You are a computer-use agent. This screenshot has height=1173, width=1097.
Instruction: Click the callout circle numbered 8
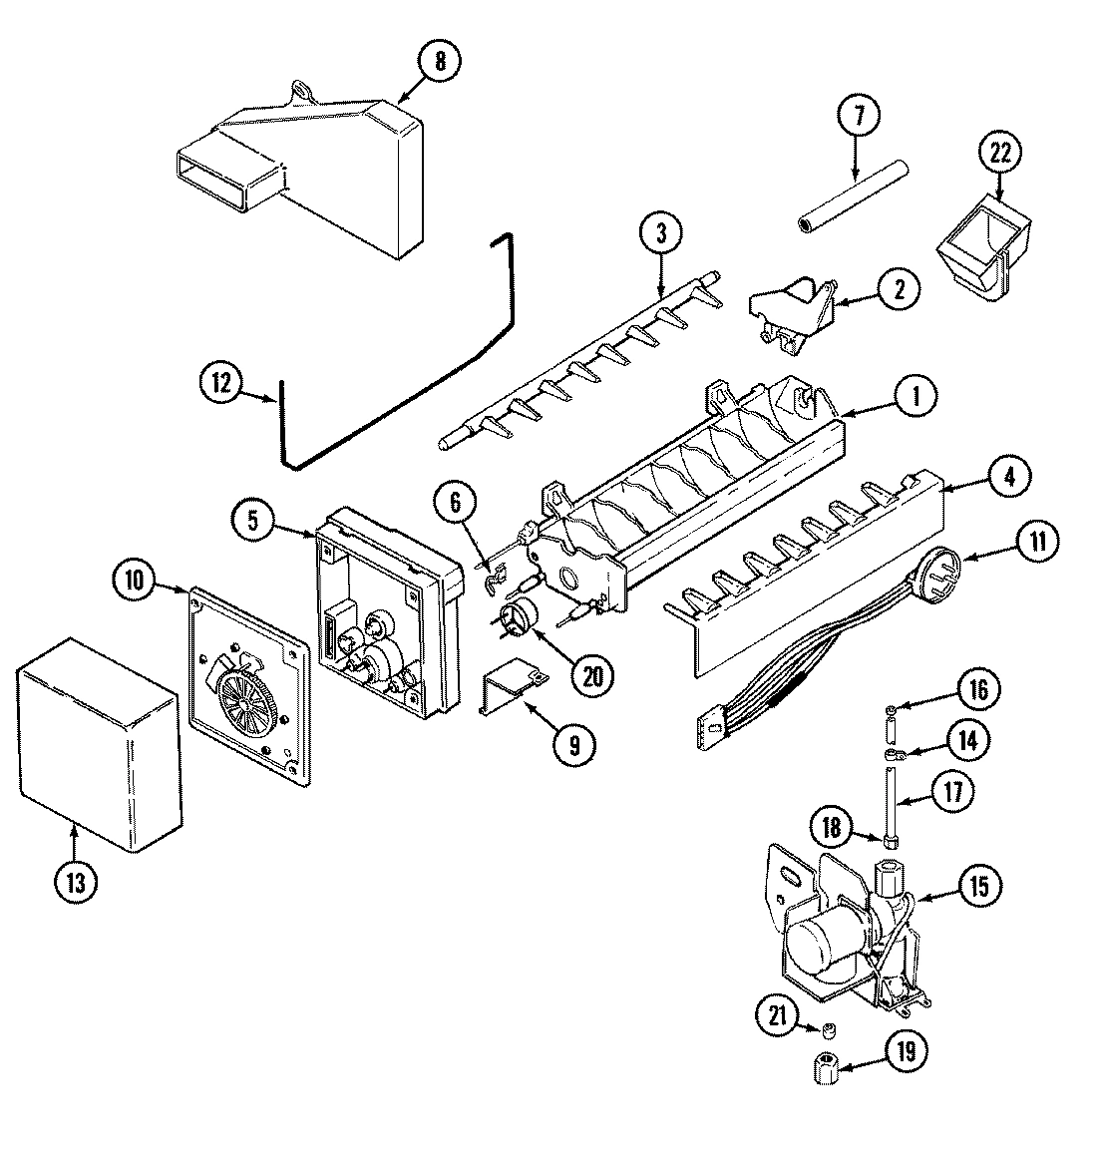point(440,62)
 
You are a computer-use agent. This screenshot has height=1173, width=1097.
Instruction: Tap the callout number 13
point(77,881)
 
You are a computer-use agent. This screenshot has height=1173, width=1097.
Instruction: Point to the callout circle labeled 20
point(592,675)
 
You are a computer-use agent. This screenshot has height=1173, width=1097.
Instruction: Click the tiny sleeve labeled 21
point(827,1028)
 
